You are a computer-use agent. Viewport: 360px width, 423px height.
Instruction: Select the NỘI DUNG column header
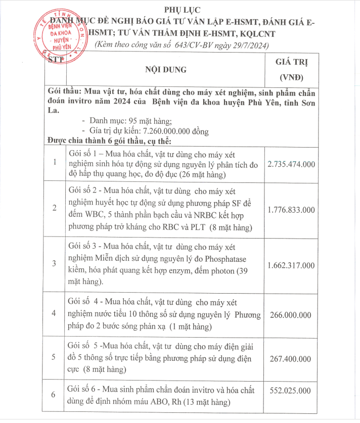(x=166, y=69)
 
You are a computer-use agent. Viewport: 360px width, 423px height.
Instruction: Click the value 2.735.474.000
(x=291, y=164)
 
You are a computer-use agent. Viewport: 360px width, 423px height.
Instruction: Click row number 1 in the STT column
(x=55, y=162)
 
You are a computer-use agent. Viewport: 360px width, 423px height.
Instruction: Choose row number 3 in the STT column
(x=55, y=263)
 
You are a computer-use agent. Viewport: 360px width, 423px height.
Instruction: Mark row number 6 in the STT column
(x=55, y=395)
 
